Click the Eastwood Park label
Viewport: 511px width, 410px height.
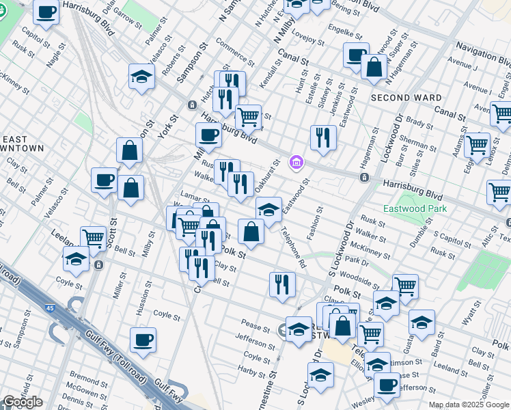(409, 208)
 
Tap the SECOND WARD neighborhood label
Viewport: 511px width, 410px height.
(406, 98)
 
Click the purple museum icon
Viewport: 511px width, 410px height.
(296, 162)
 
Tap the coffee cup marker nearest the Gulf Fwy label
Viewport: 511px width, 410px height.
(143, 340)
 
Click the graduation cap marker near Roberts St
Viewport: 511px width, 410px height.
(141, 77)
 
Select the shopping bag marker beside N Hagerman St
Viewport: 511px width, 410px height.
(374, 67)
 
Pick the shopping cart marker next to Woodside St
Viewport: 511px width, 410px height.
(405, 286)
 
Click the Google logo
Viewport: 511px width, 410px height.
(23, 402)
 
